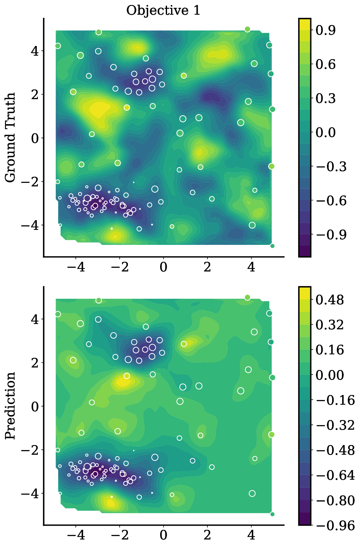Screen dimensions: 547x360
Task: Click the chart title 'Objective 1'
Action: coord(163,11)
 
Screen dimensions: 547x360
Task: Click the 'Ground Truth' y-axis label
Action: coord(10,138)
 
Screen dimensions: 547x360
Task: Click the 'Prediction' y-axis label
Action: coord(10,406)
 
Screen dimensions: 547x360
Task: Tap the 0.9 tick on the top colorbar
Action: coord(326,30)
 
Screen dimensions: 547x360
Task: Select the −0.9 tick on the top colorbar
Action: coord(331,235)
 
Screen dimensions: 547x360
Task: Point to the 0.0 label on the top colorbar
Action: coord(326,132)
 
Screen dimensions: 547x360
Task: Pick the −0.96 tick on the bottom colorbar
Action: coord(335,525)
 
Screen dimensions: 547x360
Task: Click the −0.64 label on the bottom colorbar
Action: coord(335,475)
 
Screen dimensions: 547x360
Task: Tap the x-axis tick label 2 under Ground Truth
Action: coord(207,267)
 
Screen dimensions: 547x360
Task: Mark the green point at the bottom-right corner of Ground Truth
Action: coord(272,246)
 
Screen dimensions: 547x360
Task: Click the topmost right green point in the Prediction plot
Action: coord(247,297)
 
